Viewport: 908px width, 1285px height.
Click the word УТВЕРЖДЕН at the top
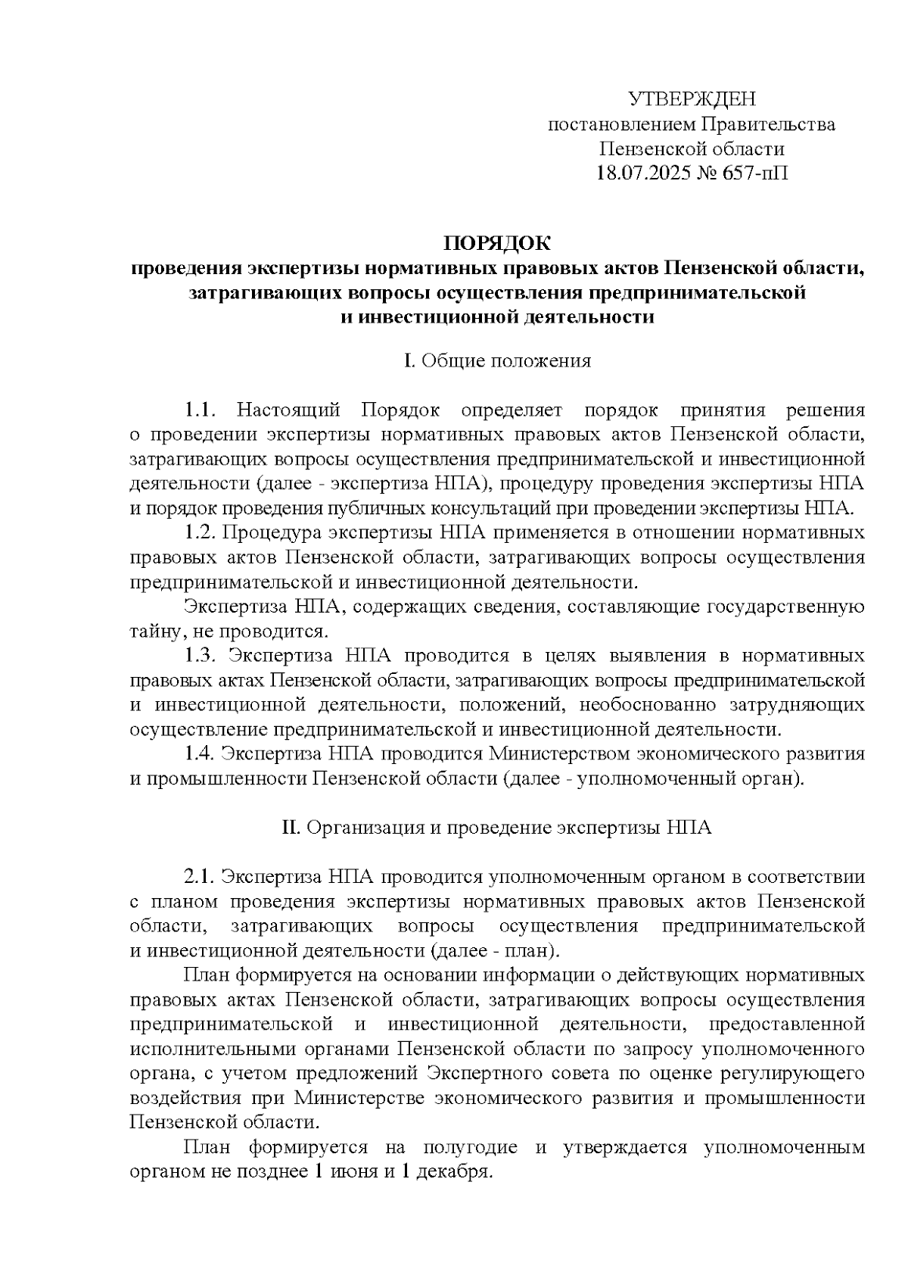click(x=692, y=99)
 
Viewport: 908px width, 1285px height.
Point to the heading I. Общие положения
click(x=497, y=361)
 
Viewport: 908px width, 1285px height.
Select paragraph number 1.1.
click(x=201, y=411)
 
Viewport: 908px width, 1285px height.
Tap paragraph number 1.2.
click(x=201, y=533)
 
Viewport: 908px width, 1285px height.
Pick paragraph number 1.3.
click(x=201, y=656)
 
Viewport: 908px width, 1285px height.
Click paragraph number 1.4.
click(x=201, y=754)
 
